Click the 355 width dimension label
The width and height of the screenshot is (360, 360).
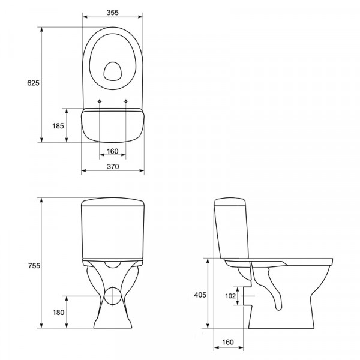[113, 13]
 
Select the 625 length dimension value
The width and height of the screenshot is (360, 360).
[33, 83]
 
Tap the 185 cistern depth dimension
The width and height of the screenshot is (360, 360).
[58, 126]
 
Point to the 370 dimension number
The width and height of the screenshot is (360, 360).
[113, 166]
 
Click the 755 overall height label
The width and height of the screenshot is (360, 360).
[34, 266]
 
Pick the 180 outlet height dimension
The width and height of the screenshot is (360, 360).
[58, 312]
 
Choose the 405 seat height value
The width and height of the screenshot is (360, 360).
[200, 295]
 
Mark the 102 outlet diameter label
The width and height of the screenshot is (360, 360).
[230, 296]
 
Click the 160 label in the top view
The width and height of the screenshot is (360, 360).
[113, 151]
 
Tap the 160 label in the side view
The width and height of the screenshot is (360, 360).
[228, 342]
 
